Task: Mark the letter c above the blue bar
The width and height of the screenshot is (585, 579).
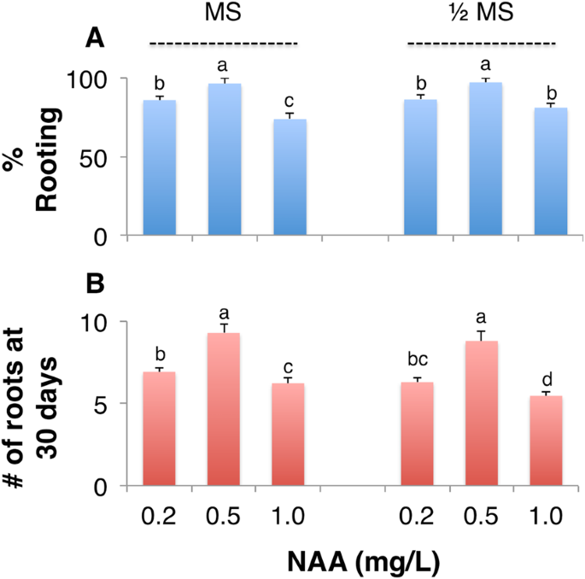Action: [290, 101]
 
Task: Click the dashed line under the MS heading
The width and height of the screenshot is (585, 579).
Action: [223, 43]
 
